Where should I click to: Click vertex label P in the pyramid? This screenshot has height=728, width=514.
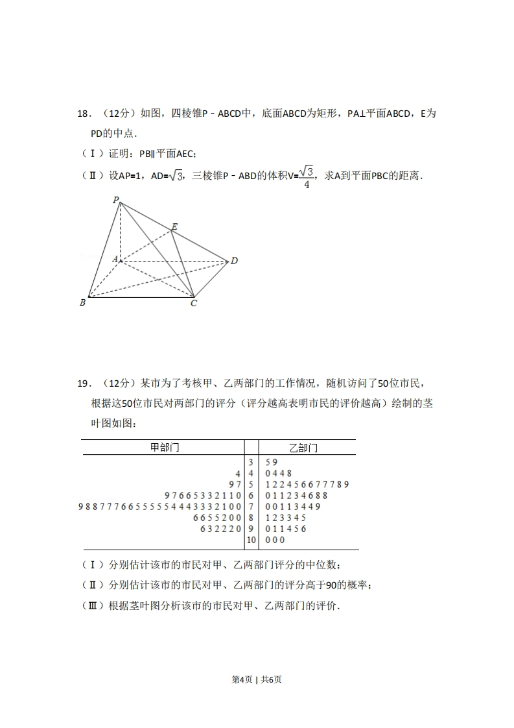click(x=116, y=200)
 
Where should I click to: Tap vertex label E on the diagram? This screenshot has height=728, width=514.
click(x=174, y=226)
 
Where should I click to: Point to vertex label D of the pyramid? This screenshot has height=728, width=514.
click(x=234, y=261)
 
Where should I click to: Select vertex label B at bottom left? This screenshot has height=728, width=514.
click(x=82, y=302)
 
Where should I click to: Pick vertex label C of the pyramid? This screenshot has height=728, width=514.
click(x=193, y=303)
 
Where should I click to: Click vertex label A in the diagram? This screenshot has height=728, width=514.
click(x=115, y=259)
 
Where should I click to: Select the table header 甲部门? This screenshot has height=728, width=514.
click(x=165, y=448)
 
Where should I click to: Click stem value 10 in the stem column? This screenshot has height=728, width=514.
click(x=251, y=540)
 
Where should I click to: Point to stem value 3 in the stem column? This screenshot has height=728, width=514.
click(x=251, y=462)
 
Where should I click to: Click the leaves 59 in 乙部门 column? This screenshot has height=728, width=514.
click(x=272, y=462)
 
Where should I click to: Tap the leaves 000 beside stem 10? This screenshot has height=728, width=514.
click(x=275, y=540)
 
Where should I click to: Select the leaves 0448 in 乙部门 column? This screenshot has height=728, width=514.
click(x=279, y=473)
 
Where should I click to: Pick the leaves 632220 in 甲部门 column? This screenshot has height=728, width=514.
click(x=221, y=529)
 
